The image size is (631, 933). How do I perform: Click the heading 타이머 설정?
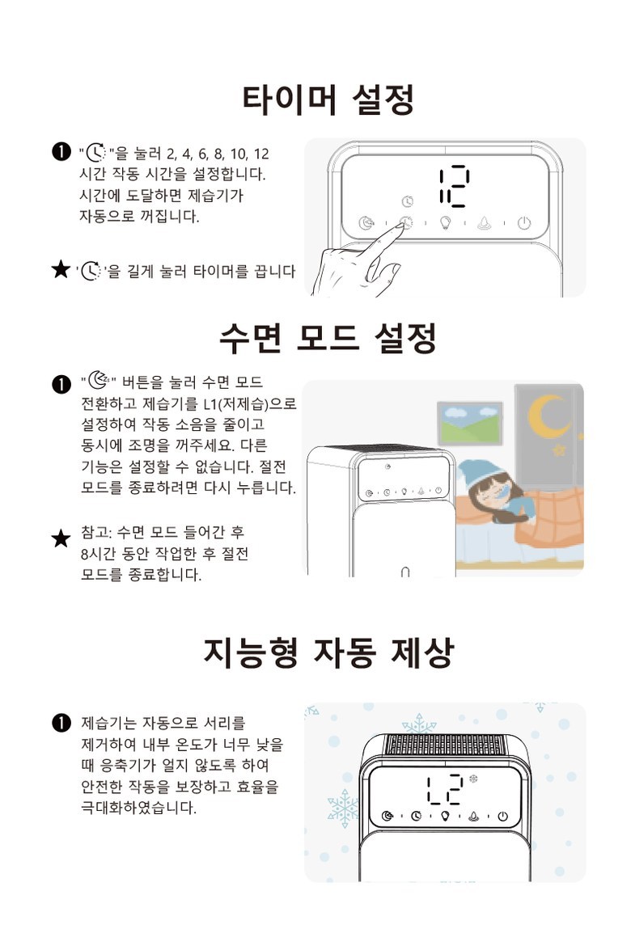[x=328, y=99]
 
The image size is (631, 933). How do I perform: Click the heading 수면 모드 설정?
[x=328, y=338]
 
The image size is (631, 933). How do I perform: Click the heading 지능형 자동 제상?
[x=328, y=652]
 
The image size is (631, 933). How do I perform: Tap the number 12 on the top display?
[x=454, y=186]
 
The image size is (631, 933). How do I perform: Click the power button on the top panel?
[x=524, y=223]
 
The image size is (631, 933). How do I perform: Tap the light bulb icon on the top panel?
[x=445, y=223]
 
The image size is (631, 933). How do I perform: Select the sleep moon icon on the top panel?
[x=366, y=223]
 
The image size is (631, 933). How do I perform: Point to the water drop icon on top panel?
[x=485, y=223]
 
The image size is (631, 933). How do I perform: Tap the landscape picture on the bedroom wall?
[x=470, y=423]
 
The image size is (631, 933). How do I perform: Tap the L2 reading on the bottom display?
[x=445, y=790]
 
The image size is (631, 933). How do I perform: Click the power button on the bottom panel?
[x=502, y=816]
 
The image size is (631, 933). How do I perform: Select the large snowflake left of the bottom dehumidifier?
[x=344, y=808]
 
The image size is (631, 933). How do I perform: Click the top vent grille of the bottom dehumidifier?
[x=444, y=744]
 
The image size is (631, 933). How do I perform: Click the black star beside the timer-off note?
[x=61, y=269]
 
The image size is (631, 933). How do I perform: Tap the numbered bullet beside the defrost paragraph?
[x=61, y=723]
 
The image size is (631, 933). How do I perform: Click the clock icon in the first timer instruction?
[x=95, y=154]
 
